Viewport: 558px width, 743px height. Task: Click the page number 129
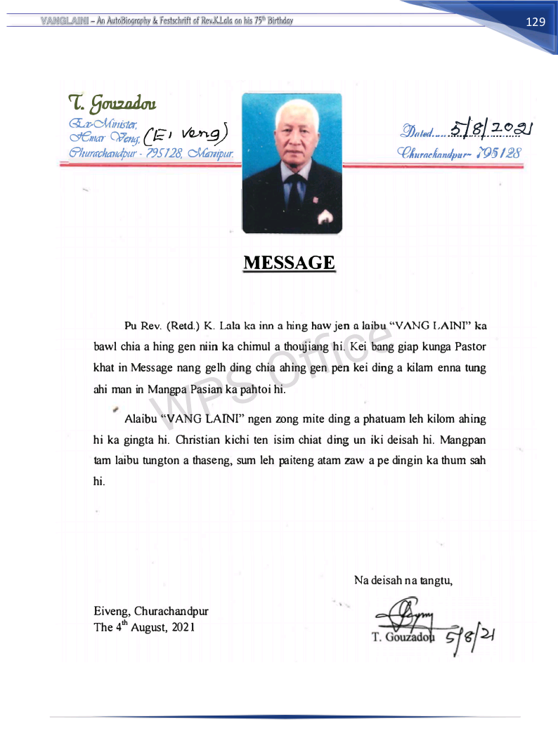click(536, 22)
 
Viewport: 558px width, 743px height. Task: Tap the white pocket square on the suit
click(324, 218)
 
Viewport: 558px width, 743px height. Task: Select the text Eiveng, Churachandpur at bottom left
click(150, 611)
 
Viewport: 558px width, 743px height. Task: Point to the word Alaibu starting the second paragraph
click(141, 419)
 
